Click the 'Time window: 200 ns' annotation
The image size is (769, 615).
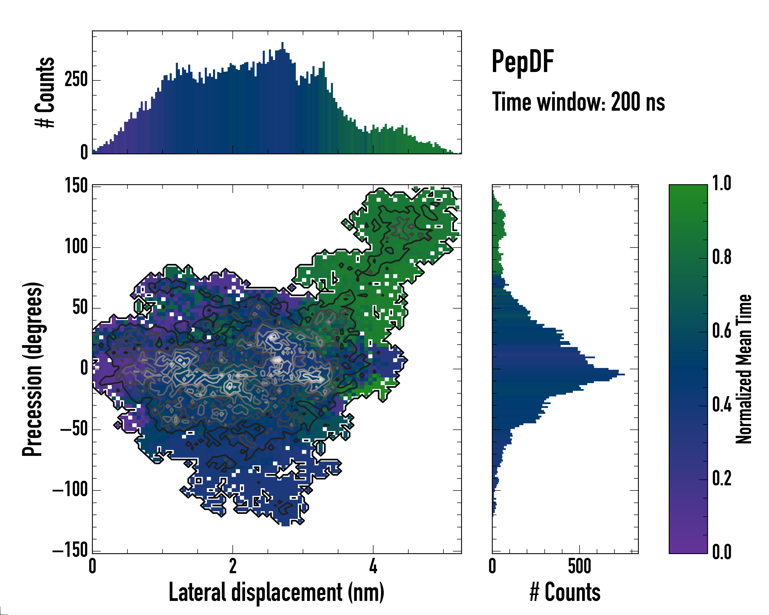[x=578, y=102]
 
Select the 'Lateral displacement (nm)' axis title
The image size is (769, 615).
[x=276, y=592]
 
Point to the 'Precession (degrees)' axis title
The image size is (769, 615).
[x=33, y=369]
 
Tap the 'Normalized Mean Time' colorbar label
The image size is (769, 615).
[x=743, y=369]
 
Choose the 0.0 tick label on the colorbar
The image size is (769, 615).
[x=722, y=551]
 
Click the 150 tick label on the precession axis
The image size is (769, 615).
[x=76, y=186]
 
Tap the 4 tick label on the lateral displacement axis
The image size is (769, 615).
[x=373, y=566]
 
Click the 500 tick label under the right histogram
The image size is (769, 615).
[x=579, y=566]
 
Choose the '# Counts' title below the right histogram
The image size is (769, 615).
[x=565, y=592]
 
